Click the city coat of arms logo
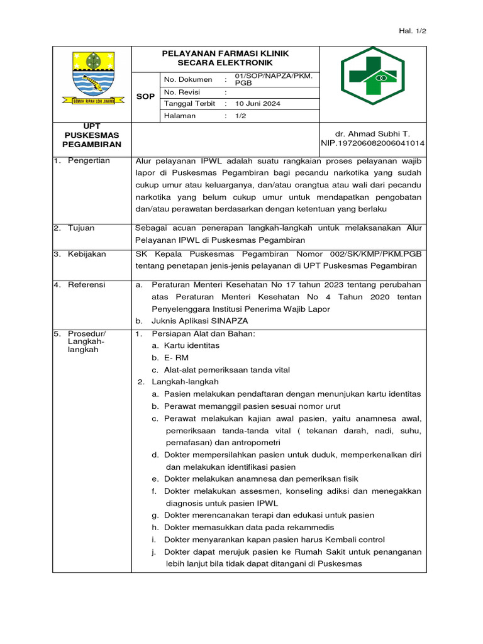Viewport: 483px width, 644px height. tap(92, 79)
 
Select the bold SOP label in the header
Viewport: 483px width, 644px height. tap(145, 97)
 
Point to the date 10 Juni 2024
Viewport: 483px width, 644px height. tap(258, 103)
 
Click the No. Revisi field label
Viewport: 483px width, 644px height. tap(182, 92)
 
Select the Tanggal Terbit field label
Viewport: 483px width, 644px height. tap(190, 103)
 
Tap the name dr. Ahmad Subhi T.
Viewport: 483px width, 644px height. tap(373, 134)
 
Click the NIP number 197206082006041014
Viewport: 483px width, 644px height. tap(373, 143)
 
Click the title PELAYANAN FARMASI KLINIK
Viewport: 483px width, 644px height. tap(225, 53)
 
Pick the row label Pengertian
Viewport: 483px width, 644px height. tap(89, 161)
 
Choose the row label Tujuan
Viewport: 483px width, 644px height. tap(82, 228)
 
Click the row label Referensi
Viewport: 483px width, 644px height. tap(87, 285)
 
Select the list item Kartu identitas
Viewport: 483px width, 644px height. tap(191, 346)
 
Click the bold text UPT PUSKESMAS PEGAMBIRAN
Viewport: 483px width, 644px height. tap(92, 135)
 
